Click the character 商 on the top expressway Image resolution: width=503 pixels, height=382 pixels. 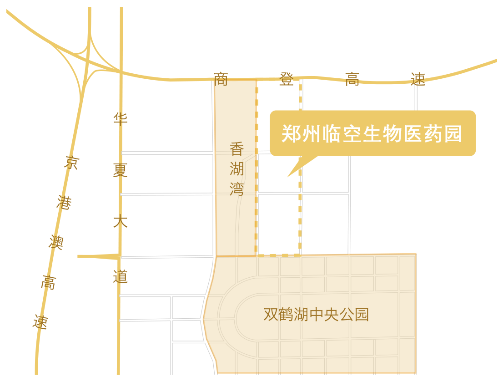coord(221,79)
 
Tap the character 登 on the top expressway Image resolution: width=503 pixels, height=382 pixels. coord(287,79)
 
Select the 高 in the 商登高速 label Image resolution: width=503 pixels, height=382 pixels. coord(352,79)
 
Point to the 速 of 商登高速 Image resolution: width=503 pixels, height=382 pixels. coord(418,79)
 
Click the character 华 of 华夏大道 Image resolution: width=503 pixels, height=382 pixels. coord(121,119)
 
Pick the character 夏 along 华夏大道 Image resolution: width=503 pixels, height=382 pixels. coord(121,170)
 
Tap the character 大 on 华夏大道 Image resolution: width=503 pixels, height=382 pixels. coord(121,222)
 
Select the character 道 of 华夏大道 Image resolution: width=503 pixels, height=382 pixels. coord(121,276)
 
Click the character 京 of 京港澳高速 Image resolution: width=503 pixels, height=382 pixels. coord(71,163)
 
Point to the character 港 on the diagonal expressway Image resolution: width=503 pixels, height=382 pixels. coord(64,203)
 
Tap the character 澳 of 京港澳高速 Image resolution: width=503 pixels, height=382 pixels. coord(56,242)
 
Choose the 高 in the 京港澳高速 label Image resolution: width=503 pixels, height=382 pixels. coord(49,282)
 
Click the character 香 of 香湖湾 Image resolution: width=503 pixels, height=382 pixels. coord(237,149)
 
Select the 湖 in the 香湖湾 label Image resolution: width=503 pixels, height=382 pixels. coord(237,169)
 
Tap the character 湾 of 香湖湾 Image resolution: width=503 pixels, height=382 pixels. coord(237,189)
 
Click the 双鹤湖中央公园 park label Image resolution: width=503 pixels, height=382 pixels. coord(316,315)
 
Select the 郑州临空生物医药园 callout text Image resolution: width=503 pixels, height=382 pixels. coord(372,134)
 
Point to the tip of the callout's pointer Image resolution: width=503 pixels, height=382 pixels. coord(287,177)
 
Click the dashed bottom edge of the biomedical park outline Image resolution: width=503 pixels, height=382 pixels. coord(278,255)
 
